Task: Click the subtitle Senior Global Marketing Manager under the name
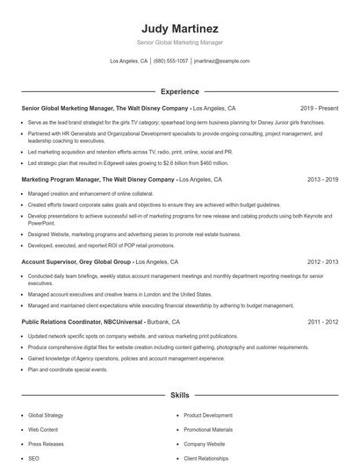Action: (179, 42)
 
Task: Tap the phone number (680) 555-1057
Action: (170, 61)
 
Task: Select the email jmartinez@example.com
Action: (222, 61)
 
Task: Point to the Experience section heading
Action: (179, 91)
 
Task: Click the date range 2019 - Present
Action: (319, 108)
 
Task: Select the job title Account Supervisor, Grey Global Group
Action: (76, 261)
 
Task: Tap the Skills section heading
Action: (179, 396)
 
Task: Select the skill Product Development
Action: (208, 415)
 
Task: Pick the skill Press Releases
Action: (47, 444)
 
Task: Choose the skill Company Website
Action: (205, 444)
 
